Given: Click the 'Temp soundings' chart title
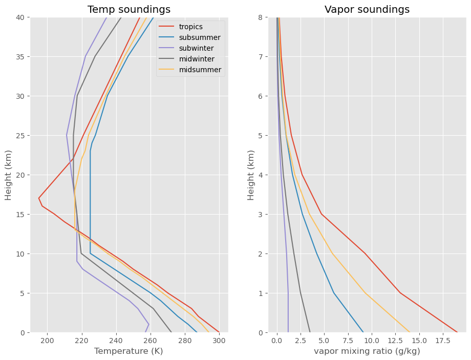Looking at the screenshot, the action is coord(129,9).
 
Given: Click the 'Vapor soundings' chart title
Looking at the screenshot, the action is coord(367,9).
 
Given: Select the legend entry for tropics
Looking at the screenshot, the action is coord(191,27).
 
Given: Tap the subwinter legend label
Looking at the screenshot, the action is coord(197,48).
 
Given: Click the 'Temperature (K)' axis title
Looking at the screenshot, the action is coord(129,351).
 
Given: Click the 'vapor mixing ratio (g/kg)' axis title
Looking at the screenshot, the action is coord(367,351).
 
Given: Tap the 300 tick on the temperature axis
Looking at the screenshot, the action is coord(219,341).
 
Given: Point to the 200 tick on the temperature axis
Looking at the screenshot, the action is coord(47,341).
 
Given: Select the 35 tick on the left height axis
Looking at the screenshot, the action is coord(20,57).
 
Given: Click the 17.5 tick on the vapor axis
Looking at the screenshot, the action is coord(443,341).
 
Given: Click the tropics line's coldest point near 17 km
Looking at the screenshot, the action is coord(39,198).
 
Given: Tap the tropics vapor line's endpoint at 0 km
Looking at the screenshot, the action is coord(457,332).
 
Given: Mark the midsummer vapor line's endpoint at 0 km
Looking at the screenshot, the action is coord(410,332).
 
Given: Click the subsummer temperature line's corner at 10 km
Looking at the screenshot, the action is coord(90,253).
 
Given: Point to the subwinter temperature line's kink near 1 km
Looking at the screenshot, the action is coord(148,324).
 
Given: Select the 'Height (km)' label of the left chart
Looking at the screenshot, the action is coord(8,175).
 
